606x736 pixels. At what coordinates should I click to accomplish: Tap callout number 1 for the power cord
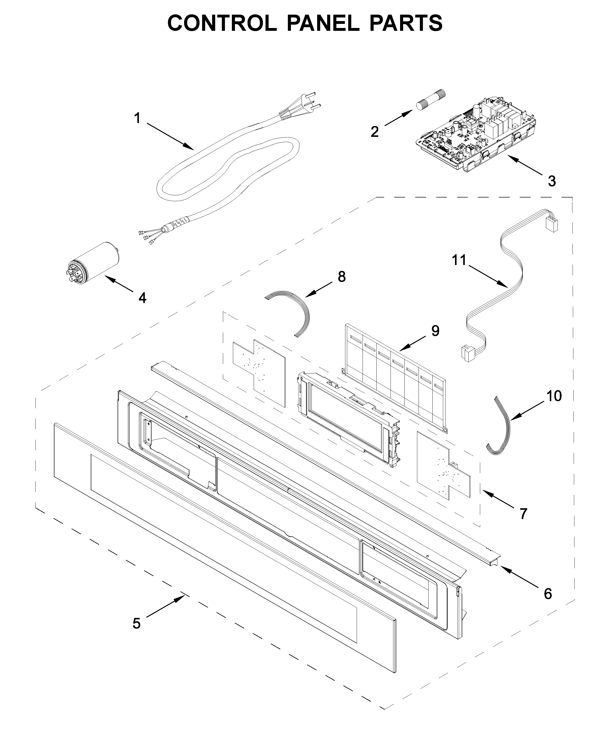click(x=138, y=118)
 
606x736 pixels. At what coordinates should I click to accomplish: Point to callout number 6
click(x=548, y=593)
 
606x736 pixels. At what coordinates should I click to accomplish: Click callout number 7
click(x=523, y=514)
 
